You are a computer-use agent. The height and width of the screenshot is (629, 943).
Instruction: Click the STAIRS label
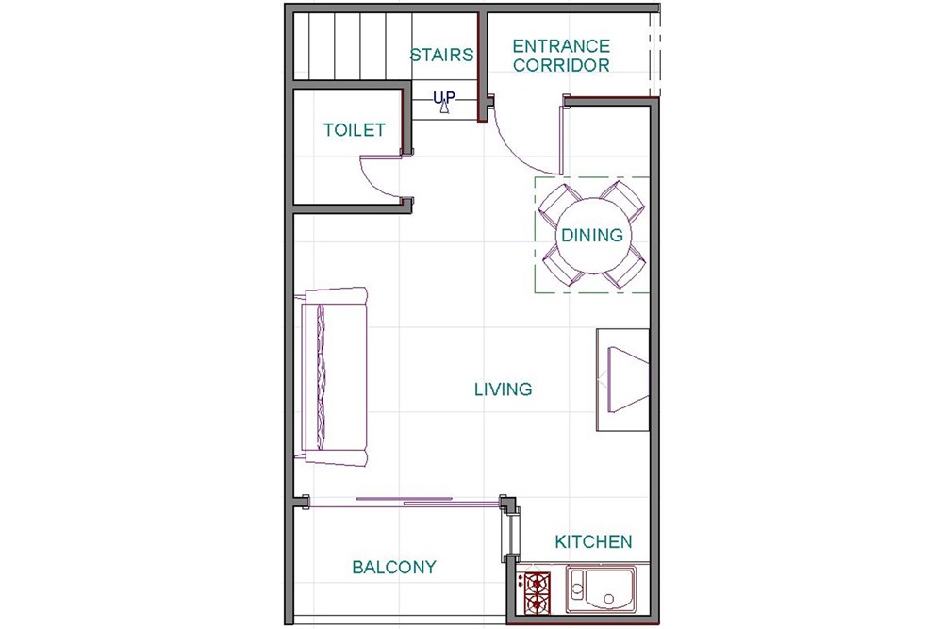coord(441,56)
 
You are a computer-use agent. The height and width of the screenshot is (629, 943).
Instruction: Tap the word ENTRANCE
coord(561,46)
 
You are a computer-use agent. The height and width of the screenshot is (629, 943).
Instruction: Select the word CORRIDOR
coord(561,65)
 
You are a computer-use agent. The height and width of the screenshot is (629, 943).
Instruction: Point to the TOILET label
coord(355,130)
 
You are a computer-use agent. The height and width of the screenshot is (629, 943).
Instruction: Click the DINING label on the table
coord(592,235)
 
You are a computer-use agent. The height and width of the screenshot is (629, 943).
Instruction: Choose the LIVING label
coord(504,389)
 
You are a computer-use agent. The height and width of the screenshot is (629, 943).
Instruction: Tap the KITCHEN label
coord(593,542)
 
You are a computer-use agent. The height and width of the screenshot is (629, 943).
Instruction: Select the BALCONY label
coord(394,567)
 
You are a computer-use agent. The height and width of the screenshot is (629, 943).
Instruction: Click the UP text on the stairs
coord(444,97)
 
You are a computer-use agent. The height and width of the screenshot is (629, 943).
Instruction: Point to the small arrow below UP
coord(444,108)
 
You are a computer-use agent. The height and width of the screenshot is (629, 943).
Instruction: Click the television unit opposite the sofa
coord(622,379)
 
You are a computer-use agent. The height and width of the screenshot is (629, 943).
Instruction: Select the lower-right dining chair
coord(625,267)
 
